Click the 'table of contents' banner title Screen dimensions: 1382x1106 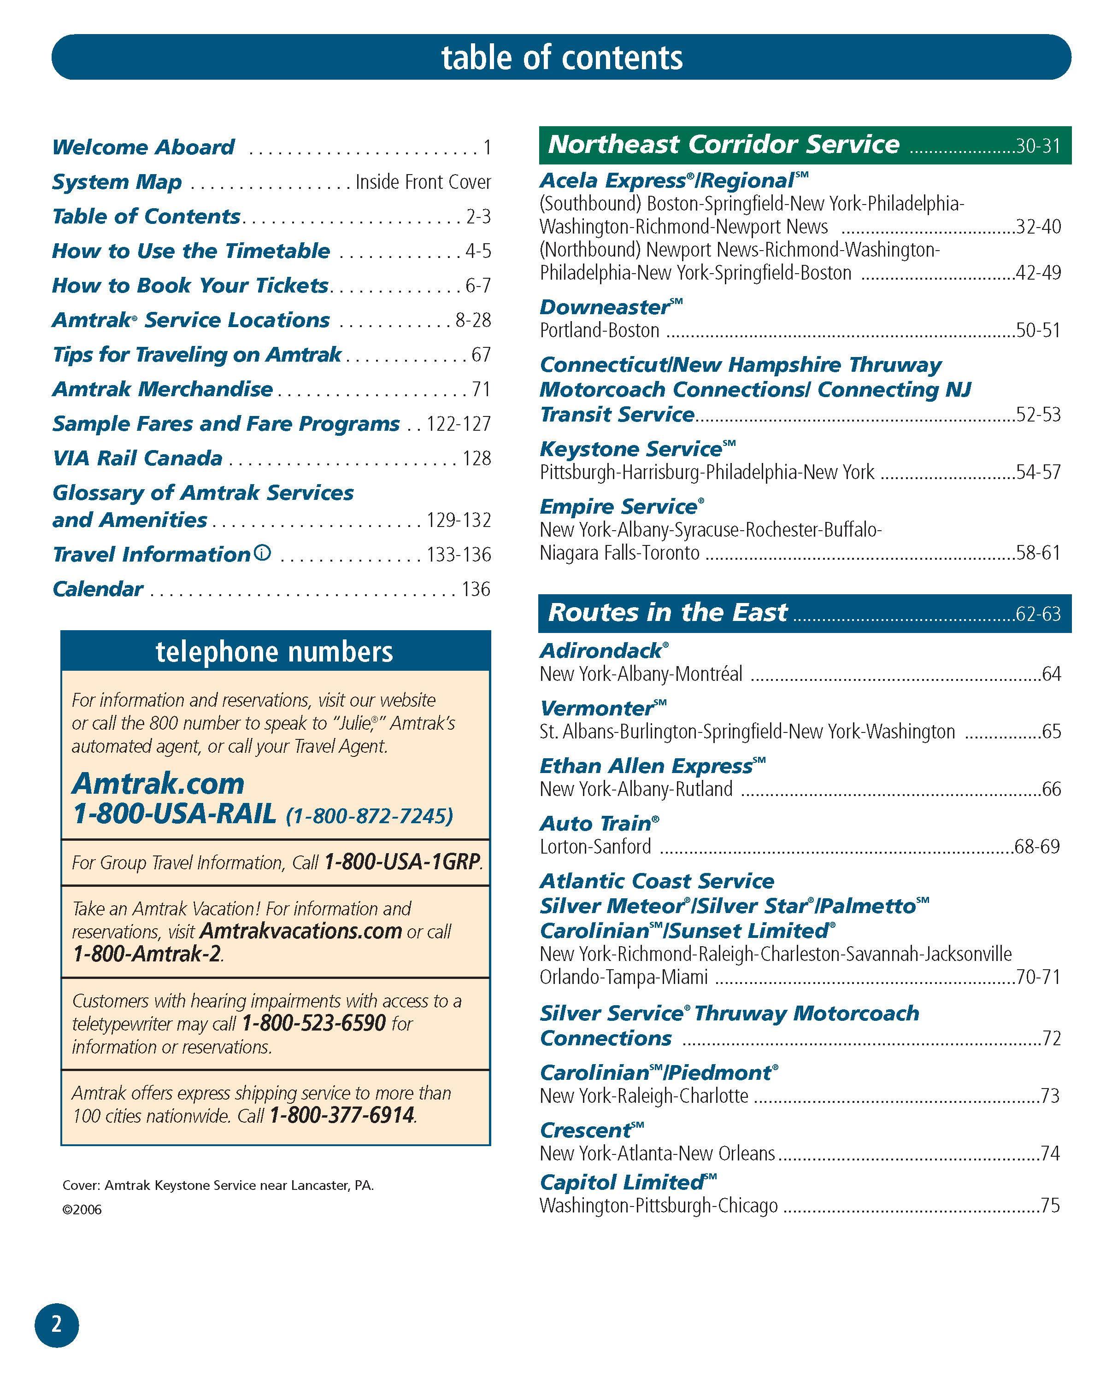pyautogui.click(x=562, y=57)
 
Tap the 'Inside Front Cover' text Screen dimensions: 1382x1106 pyautogui.click(x=423, y=182)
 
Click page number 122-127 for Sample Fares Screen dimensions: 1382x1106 pyautogui.click(x=459, y=424)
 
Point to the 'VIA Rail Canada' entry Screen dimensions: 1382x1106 pyautogui.click(x=137, y=458)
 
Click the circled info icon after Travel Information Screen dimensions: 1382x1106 pyautogui.click(x=263, y=552)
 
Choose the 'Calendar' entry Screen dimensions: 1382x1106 pyautogui.click(x=97, y=589)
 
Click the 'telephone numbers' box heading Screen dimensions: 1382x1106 pyautogui.click(x=274, y=652)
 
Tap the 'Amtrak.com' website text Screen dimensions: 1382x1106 pyautogui.click(x=159, y=783)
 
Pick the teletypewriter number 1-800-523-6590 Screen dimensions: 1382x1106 pyautogui.click(x=313, y=1023)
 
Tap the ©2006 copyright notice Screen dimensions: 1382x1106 pyautogui.click(x=82, y=1210)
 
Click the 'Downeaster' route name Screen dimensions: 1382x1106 pyautogui.click(x=605, y=307)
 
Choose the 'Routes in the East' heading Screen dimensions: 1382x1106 pyautogui.click(x=667, y=613)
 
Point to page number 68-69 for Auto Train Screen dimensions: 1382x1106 pyautogui.click(x=1037, y=847)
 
